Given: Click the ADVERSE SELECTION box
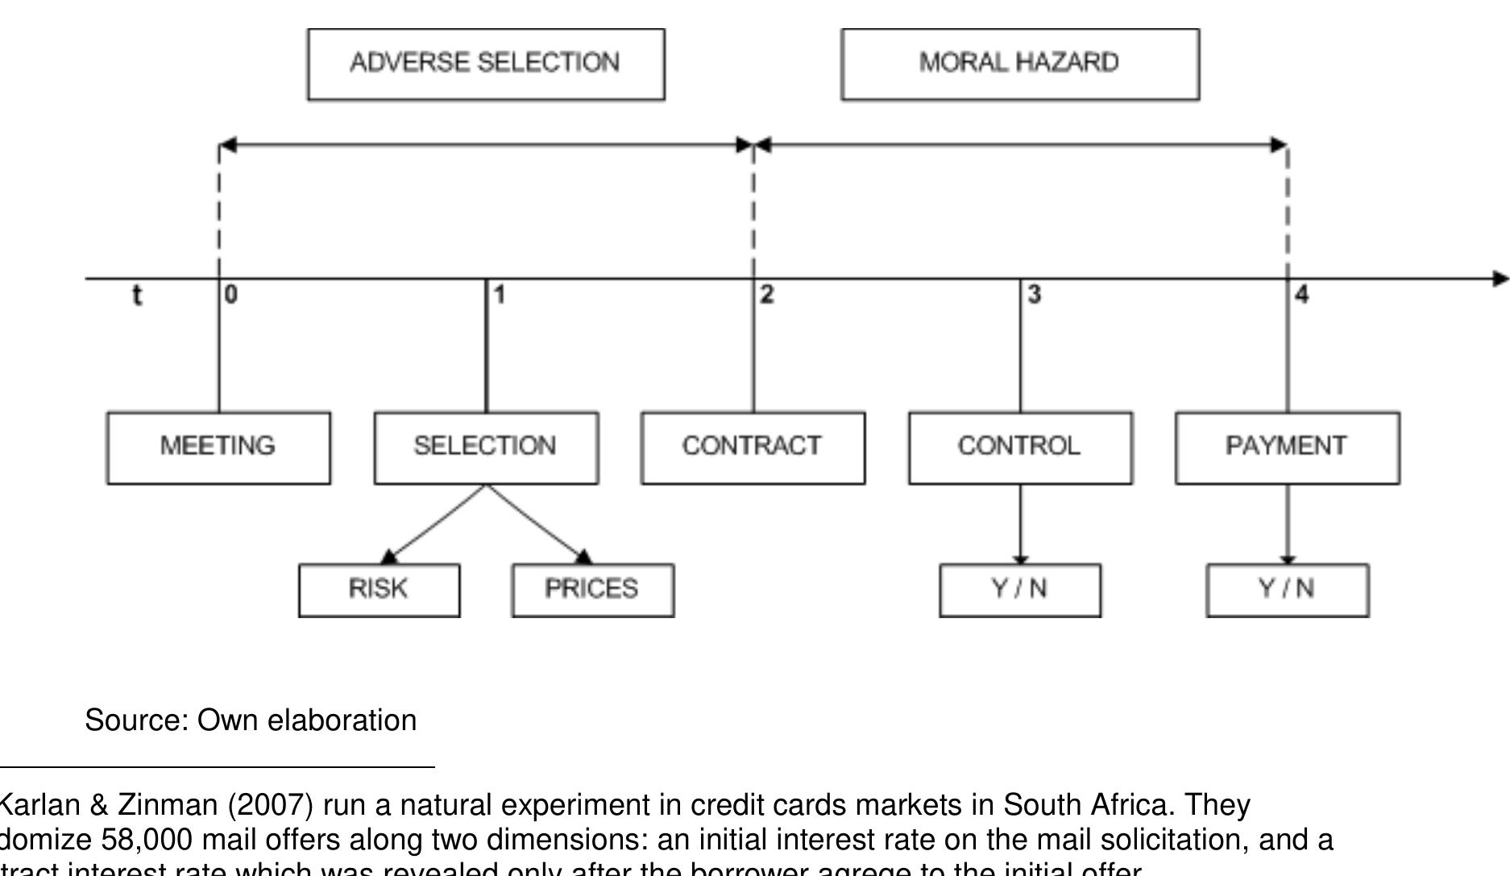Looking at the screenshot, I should pyautogui.click(x=486, y=64).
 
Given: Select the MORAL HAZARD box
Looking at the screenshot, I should pyautogui.click(x=1020, y=64).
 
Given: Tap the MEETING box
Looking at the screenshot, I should pyautogui.click(x=218, y=447).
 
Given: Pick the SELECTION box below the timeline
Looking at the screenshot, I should pyautogui.click(x=486, y=447).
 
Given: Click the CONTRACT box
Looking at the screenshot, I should pyautogui.click(x=753, y=447).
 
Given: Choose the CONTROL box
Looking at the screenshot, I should pyautogui.click(x=1020, y=447).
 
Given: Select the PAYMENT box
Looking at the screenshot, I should pyautogui.click(x=1287, y=447).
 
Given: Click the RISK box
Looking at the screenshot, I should pyautogui.click(x=379, y=589).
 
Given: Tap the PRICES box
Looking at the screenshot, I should pyautogui.click(x=592, y=589).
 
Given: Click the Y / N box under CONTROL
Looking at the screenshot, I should pyautogui.click(x=1020, y=589).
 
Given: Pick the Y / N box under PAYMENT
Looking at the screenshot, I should pyautogui.click(x=1287, y=589).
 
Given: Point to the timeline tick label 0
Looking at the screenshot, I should pyautogui.click(x=231, y=295).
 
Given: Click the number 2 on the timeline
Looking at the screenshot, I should pyautogui.click(x=766, y=295).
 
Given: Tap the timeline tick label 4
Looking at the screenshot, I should pyautogui.click(x=1302, y=295).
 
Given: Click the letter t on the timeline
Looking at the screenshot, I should pyautogui.click(x=137, y=296).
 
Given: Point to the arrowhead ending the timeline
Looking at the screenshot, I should pyautogui.click(x=1500, y=279).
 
